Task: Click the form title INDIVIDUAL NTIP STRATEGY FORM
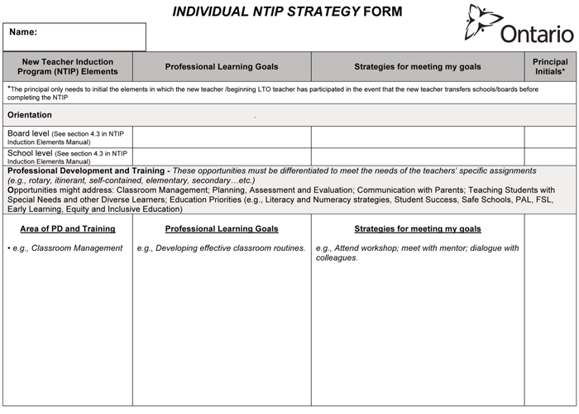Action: pos(287,12)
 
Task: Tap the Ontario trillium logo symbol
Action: pos(484,22)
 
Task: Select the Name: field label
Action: pos(23,32)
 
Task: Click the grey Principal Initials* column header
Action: pos(550,66)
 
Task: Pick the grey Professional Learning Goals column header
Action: pos(222,67)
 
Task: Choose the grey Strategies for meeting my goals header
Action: pos(417,67)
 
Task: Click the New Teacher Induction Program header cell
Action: pos(67,66)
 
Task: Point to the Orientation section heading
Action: pos(30,115)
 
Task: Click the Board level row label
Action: pos(67,137)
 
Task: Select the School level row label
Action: pos(67,156)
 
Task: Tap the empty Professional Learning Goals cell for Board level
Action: pos(222,137)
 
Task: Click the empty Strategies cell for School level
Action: pos(417,156)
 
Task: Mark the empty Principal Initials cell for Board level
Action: pos(550,137)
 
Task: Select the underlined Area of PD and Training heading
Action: pos(67,229)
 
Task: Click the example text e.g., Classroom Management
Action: pos(67,248)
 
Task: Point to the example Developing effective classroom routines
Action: pos(222,248)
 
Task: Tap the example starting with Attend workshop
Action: pos(417,253)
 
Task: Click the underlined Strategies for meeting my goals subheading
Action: pos(417,229)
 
